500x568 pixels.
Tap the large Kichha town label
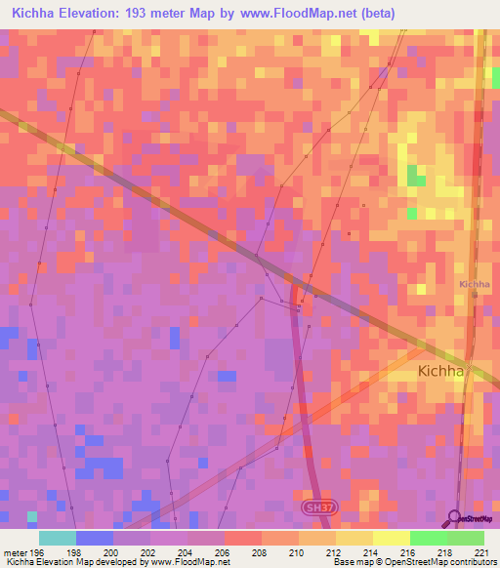[444, 371]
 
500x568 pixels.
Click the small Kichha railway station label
[475, 284]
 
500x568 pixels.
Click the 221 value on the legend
[479, 551]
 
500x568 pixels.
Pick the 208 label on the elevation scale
[259, 551]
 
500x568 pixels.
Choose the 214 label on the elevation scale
[370, 551]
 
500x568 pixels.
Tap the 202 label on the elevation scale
[149, 551]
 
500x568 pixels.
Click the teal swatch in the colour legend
[58, 538]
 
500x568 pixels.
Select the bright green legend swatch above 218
[428, 538]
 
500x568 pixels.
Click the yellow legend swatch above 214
[354, 538]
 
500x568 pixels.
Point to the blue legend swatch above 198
[95, 538]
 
